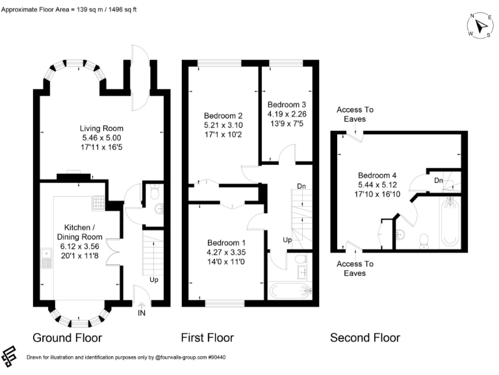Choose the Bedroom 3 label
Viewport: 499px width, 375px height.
click(x=286, y=105)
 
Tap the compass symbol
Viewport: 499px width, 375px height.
click(x=480, y=25)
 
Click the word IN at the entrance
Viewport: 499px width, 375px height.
click(x=142, y=313)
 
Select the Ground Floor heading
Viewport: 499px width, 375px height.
click(x=68, y=337)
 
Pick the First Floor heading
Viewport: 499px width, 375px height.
click(x=207, y=337)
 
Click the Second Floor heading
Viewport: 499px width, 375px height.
click(x=365, y=337)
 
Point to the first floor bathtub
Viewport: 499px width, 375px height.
click(x=290, y=290)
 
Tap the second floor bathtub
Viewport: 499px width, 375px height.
click(x=450, y=223)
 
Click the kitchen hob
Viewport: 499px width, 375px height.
click(x=98, y=203)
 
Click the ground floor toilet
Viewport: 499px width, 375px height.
click(x=154, y=191)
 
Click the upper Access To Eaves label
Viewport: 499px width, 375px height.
click(x=355, y=115)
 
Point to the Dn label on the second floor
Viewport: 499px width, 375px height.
click(x=439, y=180)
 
